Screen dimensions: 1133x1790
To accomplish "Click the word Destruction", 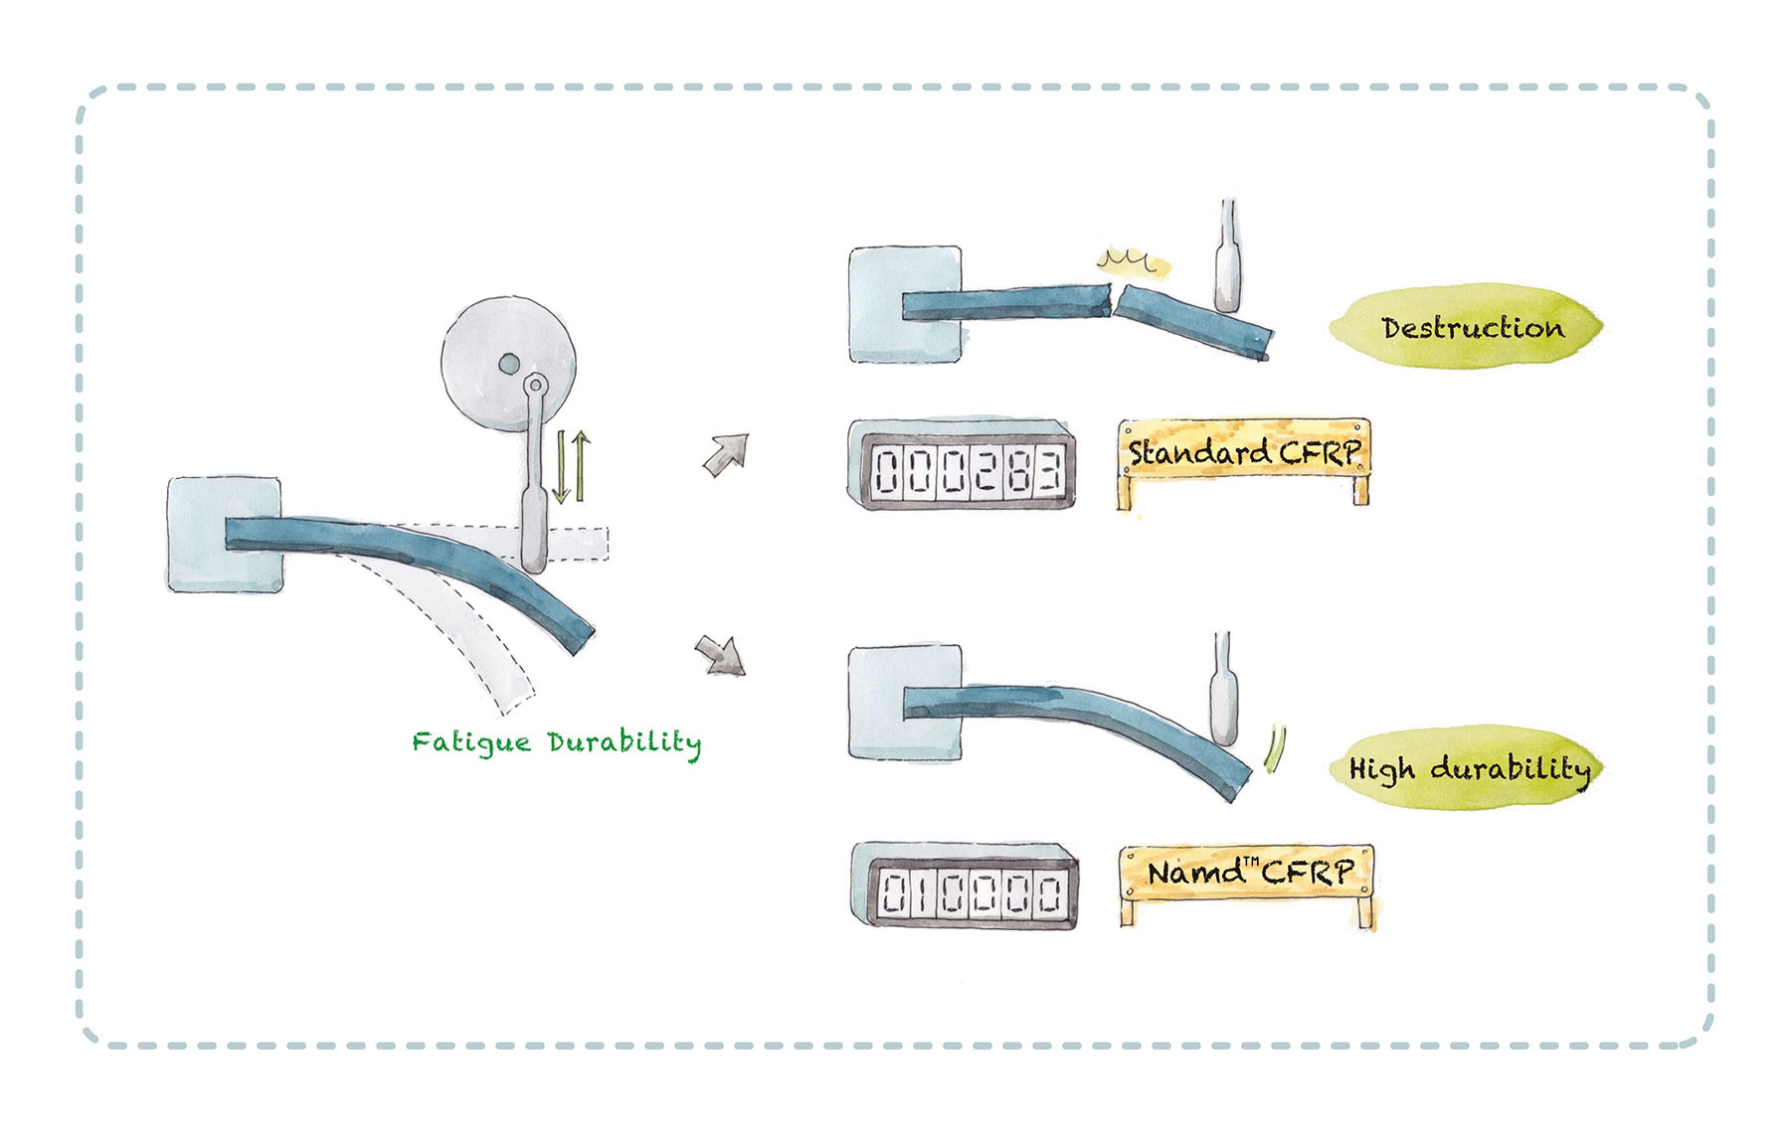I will coord(1472,327).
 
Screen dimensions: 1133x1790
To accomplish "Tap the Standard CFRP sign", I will coord(1243,453).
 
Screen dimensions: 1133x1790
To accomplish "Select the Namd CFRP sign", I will coord(1249,873).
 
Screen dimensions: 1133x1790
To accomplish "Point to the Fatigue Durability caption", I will coord(557,742).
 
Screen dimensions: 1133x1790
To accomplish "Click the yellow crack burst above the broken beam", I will coord(1134,261).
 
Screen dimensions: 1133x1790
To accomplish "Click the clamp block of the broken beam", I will coord(904,304).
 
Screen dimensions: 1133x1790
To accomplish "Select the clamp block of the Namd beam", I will coord(904,702).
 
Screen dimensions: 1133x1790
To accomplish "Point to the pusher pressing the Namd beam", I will coord(1222,700).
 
